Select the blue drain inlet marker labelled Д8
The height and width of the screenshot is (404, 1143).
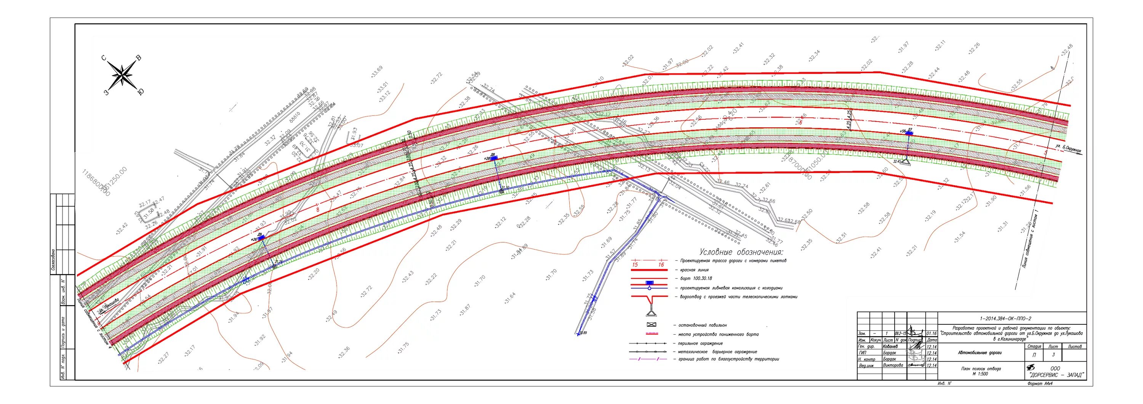click(x=494, y=157)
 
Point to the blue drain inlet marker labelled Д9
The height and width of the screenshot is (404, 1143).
click(x=261, y=237)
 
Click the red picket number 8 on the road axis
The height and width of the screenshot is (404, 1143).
click(x=317, y=205)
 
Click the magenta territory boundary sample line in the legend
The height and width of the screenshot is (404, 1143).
click(x=648, y=359)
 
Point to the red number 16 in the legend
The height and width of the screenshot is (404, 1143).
click(x=661, y=265)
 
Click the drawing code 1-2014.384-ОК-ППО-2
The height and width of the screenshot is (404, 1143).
click(x=1011, y=318)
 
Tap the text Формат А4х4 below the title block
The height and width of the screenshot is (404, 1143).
click(x=1040, y=383)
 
